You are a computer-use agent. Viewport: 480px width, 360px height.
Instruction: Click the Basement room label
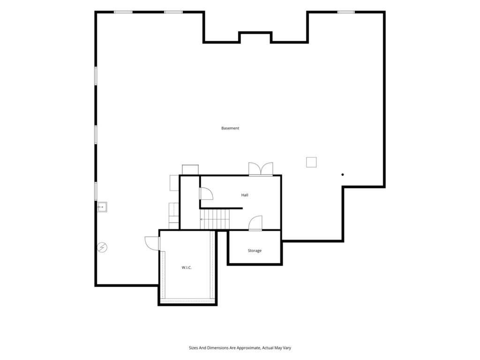click(230, 128)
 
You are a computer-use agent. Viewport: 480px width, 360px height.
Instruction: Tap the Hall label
click(245, 195)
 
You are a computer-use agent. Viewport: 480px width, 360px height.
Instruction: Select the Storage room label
click(255, 251)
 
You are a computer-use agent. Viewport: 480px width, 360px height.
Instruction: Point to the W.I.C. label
click(187, 268)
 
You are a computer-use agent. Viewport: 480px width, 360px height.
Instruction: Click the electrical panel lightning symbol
click(102, 247)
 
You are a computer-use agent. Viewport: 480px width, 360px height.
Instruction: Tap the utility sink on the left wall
click(102, 207)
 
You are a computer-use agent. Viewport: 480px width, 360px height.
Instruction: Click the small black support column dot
click(343, 174)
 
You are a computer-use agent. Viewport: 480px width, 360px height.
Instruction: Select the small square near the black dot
click(311, 162)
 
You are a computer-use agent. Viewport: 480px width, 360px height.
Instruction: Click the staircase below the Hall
click(215, 219)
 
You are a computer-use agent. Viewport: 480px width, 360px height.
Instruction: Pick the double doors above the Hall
click(261, 169)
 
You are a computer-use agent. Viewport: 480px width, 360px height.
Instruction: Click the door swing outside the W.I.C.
click(152, 243)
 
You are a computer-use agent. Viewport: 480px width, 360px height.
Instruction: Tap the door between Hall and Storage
click(255, 223)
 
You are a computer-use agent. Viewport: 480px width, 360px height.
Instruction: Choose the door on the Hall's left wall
click(206, 194)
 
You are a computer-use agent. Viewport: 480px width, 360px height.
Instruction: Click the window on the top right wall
click(346, 12)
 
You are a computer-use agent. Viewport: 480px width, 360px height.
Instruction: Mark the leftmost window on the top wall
click(123, 12)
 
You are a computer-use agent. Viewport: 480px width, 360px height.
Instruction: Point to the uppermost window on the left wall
click(96, 76)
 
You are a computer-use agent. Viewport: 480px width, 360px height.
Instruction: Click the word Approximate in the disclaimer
click(249, 348)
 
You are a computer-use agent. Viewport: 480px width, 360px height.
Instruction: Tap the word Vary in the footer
click(287, 348)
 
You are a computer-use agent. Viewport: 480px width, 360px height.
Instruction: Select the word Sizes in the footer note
click(193, 348)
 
